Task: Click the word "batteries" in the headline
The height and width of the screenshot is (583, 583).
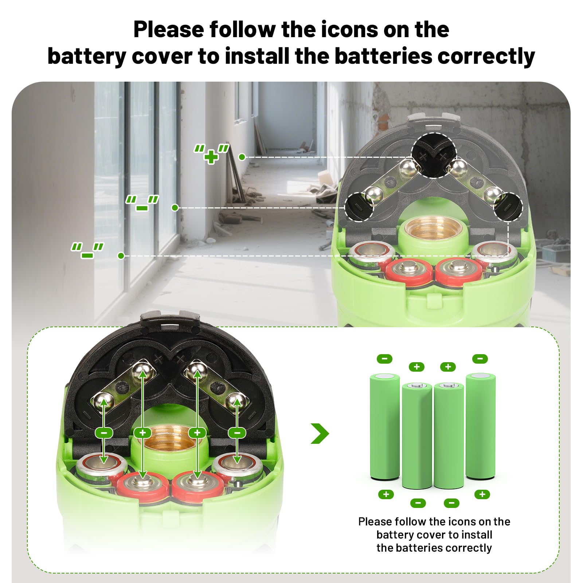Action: (382, 56)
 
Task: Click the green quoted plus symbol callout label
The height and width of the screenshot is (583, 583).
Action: (211, 153)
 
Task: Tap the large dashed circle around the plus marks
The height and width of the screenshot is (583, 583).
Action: (434, 155)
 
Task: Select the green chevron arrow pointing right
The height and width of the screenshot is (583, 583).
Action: (320, 433)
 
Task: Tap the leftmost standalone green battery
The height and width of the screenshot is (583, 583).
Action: (385, 426)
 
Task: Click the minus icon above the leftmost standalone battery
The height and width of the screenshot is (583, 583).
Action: (384, 359)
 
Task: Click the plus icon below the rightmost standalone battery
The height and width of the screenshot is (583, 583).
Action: (482, 494)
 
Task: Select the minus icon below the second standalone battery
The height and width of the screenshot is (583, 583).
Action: (418, 503)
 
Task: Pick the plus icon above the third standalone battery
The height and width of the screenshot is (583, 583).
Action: (448, 367)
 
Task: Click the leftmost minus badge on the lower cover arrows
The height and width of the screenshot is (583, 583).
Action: (104, 433)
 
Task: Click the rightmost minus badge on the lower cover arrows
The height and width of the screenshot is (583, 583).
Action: (237, 433)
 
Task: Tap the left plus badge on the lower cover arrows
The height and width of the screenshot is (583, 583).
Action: (143, 433)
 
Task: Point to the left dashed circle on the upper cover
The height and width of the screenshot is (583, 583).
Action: (359, 207)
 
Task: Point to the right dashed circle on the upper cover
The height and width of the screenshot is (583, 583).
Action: (508, 207)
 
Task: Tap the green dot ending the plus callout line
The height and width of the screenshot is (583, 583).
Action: (242, 157)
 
